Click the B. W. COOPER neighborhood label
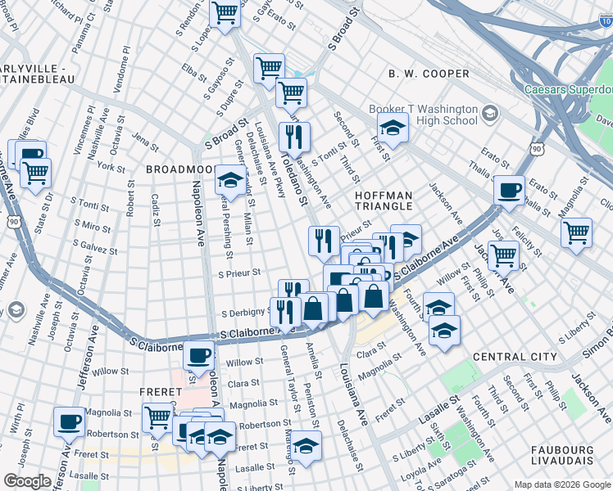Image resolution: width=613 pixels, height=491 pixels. click(x=429, y=74)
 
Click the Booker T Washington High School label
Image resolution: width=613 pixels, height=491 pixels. click(x=424, y=115)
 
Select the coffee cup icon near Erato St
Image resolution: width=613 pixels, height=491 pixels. click(x=510, y=190)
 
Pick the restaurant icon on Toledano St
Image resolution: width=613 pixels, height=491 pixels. click(x=293, y=137)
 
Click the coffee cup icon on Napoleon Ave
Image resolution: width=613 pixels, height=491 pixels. click(x=198, y=355)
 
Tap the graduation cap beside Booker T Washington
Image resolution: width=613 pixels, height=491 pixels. click(x=393, y=127)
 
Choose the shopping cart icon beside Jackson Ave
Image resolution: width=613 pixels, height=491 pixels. click(x=502, y=255)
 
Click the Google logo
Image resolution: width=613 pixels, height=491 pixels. click(x=28, y=481)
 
